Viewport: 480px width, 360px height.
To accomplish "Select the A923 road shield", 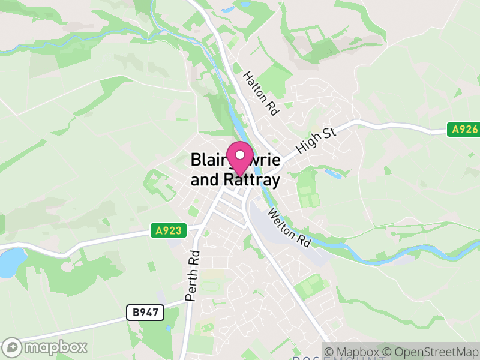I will coord(169,230).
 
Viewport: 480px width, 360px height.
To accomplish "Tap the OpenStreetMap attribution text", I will coord(432,352).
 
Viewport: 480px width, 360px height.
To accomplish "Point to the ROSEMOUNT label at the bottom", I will coord(336,358).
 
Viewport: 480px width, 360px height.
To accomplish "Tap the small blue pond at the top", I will coord(227,10).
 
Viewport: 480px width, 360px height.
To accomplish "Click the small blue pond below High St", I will coord(332,175).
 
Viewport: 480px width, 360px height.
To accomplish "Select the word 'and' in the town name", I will coord(203,179).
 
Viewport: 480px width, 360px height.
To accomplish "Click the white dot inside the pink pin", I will coord(241,155).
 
